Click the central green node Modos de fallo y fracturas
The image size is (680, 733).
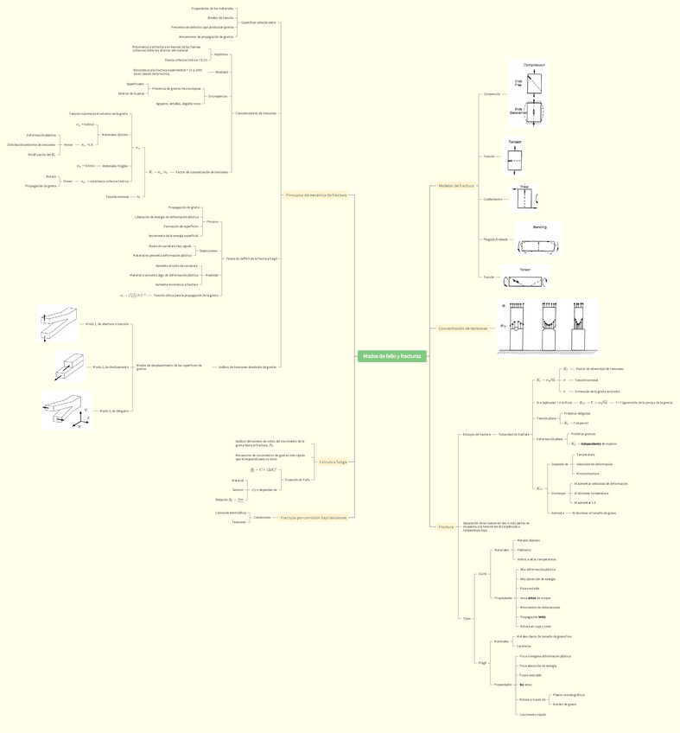391,356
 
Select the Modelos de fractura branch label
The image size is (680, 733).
456,186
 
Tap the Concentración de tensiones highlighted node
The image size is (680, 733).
463,328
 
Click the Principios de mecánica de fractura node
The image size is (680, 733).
316,195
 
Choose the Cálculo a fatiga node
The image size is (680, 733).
333,462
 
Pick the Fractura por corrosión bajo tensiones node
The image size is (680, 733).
313,518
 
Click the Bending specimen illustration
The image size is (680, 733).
539,239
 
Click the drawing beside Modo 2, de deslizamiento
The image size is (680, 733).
70,366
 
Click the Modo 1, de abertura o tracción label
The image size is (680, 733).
107,323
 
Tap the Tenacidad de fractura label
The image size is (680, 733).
513,434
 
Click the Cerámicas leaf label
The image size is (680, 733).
524,646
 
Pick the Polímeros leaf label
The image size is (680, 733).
525,550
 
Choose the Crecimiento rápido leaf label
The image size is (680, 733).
532,715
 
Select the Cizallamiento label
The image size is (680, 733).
493,199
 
